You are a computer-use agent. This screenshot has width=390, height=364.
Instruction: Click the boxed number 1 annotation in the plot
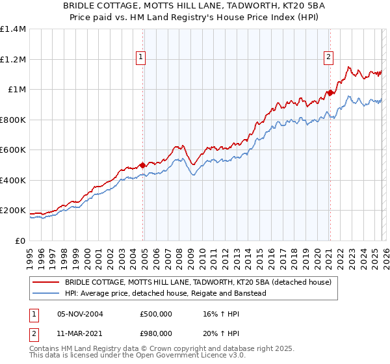pyautogui.click(x=140, y=57)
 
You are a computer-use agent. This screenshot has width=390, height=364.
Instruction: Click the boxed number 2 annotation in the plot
pyautogui.click(x=328, y=57)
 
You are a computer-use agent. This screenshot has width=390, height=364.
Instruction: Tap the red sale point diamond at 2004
pyautogui.click(x=142, y=165)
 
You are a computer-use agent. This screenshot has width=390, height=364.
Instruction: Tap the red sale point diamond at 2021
pyautogui.click(x=330, y=93)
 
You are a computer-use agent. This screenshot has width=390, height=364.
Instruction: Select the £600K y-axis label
pyautogui.click(x=13, y=150)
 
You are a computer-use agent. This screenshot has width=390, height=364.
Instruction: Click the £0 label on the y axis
pyautogui.click(x=19, y=240)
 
